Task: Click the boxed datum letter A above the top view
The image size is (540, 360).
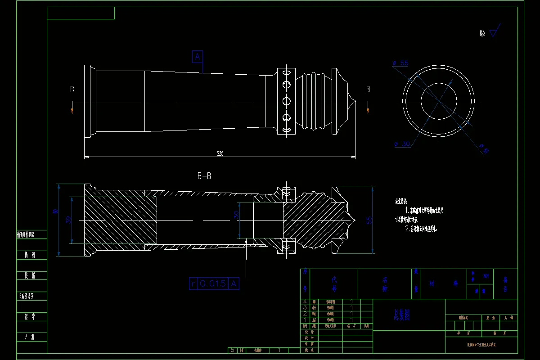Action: [198, 57]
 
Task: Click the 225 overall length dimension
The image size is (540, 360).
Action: [220, 153]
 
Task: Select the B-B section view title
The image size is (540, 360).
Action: [204, 176]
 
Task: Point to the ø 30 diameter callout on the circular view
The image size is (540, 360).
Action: [402, 144]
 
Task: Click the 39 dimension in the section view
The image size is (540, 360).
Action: [69, 220]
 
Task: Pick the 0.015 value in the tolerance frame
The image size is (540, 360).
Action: [212, 283]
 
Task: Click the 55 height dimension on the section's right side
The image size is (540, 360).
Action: [369, 220]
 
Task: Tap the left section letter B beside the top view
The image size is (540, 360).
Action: [72, 89]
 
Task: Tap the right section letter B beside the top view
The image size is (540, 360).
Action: [368, 89]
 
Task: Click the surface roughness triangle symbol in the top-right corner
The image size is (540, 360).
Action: [495, 31]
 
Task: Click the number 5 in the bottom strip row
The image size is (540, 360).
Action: [232, 350]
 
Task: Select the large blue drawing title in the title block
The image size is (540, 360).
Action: [401, 315]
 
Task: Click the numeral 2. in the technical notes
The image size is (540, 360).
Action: [408, 229]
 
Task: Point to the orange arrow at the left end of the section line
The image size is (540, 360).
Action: [72, 110]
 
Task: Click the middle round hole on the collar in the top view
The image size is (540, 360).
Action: [285, 100]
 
